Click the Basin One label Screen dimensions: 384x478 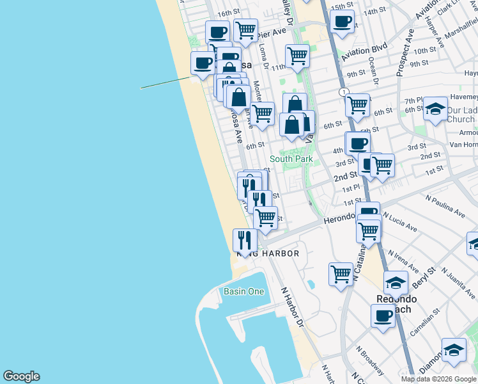pyautogui.click(x=243, y=291)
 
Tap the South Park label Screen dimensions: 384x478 pyautogui.click(x=291, y=159)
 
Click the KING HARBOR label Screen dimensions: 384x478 pyautogui.click(x=268, y=253)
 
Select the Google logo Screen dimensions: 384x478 pyautogui.click(x=21, y=376)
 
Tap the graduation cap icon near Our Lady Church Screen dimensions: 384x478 pyautogui.click(x=435, y=109)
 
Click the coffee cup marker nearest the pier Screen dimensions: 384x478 pyautogui.click(x=203, y=63)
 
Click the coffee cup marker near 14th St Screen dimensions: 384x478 pyautogui.click(x=343, y=21)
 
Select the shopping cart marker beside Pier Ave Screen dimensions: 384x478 pyautogui.click(x=245, y=29)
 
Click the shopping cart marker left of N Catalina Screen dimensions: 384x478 pyautogui.click(x=341, y=273)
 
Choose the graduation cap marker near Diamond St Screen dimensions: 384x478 pyautogui.click(x=454, y=350)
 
